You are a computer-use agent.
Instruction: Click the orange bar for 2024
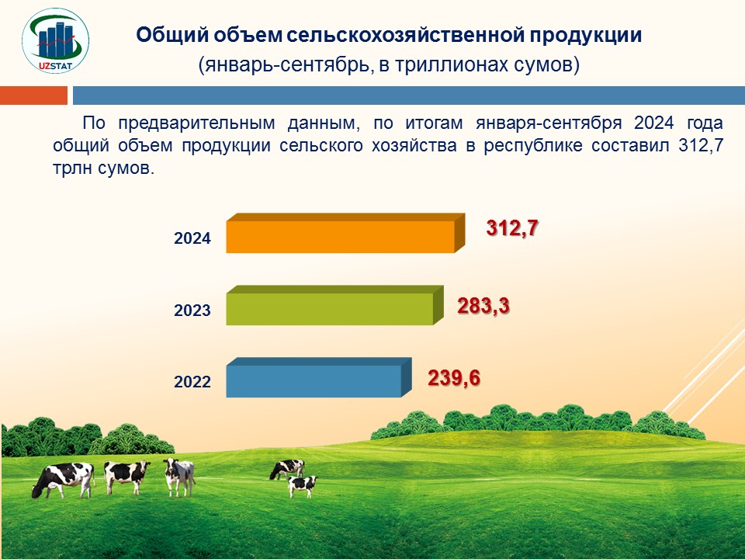coord(345,234)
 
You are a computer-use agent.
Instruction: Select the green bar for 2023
coord(334,306)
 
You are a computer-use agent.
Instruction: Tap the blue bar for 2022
coord(318,377)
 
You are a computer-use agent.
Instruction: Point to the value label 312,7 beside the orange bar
coord(511,228)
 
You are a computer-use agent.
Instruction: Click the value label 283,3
coord(483,306)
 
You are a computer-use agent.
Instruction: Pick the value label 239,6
coord(454,378)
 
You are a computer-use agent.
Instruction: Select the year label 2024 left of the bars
coord(192,238)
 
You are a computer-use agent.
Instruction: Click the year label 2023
coord(192,311)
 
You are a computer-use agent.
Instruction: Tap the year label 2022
coord(192,382)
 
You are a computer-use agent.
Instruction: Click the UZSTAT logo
coord(55,41)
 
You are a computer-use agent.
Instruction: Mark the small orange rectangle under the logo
coord(33,95)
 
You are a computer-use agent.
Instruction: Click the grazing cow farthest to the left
coord(64,480)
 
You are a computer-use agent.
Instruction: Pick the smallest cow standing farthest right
coord(303,486)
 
